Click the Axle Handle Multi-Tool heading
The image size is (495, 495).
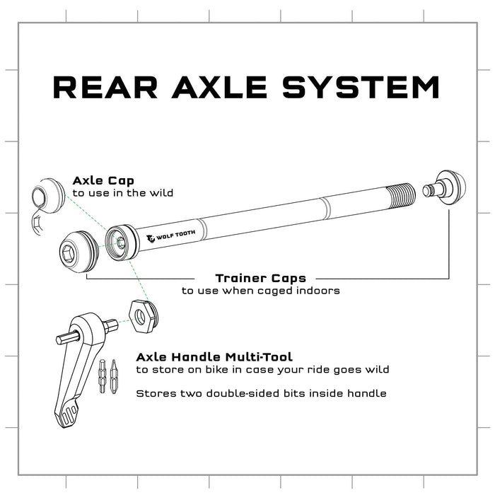tap(214, 357)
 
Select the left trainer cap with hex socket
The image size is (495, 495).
tap(76, 249)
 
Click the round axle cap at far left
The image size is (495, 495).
tap(49, 193)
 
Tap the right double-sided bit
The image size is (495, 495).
tap(114, 375)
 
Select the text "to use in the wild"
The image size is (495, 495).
tap(123, 193)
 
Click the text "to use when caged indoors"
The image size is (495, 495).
tap(260, 291)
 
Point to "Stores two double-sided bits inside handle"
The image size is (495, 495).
tap(261, 393)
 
